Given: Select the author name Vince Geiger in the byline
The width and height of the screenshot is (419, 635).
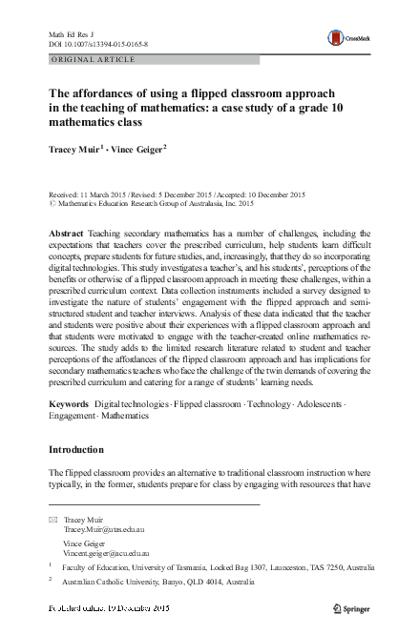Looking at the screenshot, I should [137, 148].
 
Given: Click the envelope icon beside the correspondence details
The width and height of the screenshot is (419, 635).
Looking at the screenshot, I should [52, 519].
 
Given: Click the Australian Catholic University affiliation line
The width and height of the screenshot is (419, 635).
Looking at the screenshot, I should [157, 581].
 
